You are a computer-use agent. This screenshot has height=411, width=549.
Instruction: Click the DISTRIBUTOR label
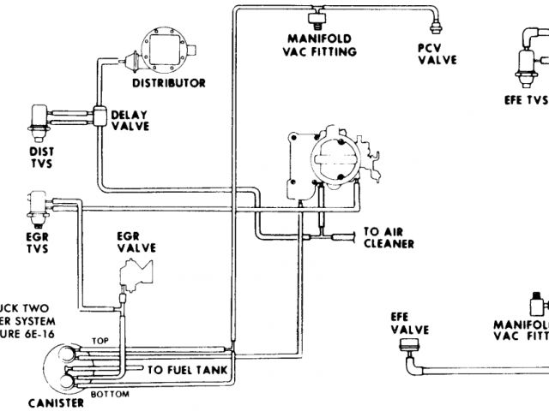[x=169, y=83]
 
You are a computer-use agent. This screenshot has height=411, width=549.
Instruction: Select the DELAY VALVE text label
[x=130, y=121]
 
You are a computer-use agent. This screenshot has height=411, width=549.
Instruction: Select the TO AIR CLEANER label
[x=389, y=237]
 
